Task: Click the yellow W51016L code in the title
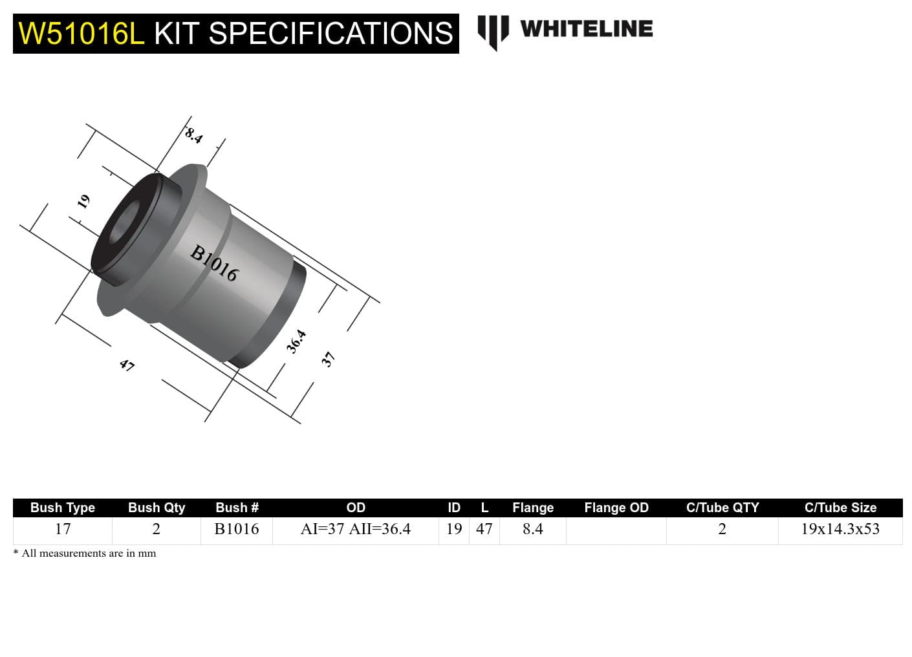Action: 81,34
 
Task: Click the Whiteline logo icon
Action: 493,31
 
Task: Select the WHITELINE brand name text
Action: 586,28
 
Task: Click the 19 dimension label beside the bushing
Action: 83,202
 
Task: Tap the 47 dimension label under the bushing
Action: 127,365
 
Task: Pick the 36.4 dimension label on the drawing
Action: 296,341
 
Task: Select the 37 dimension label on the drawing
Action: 329,359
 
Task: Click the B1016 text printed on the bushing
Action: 214,263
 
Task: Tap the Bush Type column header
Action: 63,508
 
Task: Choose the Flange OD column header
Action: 616,508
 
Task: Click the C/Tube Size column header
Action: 840,508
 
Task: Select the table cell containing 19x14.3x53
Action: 840,529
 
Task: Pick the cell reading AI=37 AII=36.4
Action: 355,529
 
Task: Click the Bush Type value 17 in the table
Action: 63,529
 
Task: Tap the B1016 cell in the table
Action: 237,529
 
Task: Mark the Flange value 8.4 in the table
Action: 532,529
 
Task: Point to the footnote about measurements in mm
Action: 85,554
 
